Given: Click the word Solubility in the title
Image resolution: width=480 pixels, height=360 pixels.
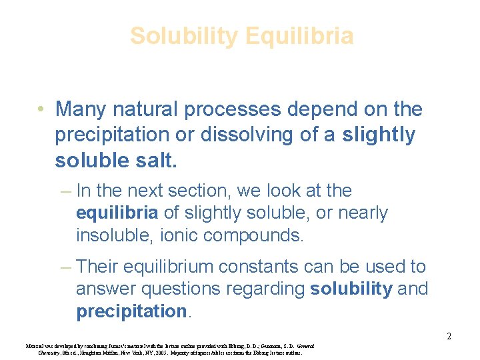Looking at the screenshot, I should pyautogui.click(x=182, y=35).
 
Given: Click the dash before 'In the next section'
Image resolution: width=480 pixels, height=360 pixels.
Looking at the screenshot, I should pyautogui.click(x=65, y=191).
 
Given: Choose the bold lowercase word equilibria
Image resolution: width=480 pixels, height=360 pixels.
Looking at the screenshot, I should pyautogui.click(x=117, y=214).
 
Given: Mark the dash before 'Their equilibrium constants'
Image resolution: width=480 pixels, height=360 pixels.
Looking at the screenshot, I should pyautogui.click(x=65, y=267).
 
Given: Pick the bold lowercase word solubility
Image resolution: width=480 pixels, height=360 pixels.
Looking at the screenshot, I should pyautogui.click(x=351, y=289).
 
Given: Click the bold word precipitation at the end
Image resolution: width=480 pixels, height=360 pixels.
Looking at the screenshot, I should pyautogui.click(x=131, y=311).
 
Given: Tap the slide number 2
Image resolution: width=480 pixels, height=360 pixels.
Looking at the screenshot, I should pyautogui.click(x=449, y=336).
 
